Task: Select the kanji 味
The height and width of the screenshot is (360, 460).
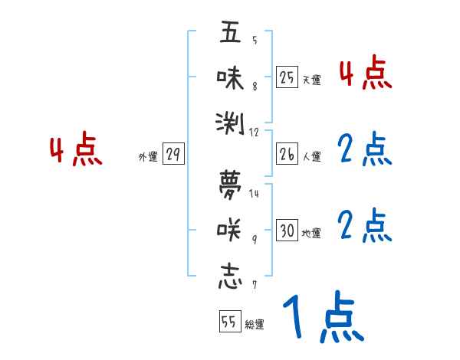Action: click(230, 78)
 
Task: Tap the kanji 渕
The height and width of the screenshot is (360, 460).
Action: click(230, 123)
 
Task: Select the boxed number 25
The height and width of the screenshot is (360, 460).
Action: click(287, 77)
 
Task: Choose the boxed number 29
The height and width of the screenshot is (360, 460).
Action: click(173, 155)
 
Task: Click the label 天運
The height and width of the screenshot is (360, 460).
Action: click(311, 80)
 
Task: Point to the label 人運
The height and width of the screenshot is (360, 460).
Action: click(311, 157)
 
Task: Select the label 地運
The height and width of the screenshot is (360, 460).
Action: click(311, 234)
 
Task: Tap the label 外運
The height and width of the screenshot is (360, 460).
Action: click(148, 157)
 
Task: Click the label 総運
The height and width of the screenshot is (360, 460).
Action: click(255, 325)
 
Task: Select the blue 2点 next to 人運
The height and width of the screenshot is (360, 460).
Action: click(365, 150)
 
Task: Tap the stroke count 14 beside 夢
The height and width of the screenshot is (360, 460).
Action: click(254, 193)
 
